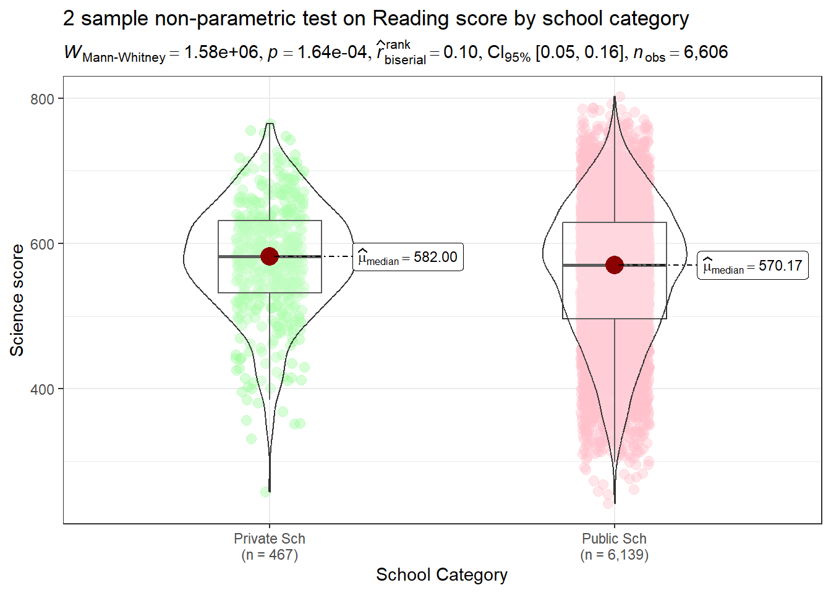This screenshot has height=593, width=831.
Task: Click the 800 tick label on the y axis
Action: pos(42,99)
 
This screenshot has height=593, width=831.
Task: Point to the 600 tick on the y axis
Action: pos(42,244)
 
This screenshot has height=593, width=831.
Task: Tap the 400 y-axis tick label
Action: pos(42,390)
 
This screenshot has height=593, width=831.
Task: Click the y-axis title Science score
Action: pos(17,300)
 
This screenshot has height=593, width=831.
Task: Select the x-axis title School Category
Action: pos(441,574)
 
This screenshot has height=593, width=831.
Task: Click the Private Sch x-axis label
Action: pos(270,539)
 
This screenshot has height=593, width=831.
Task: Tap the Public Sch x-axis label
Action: pos(614,539)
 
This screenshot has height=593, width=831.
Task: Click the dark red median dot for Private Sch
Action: pos(270,256)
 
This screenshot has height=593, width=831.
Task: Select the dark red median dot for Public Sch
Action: pos(615,265)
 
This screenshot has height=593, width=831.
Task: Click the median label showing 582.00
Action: pos(408,258)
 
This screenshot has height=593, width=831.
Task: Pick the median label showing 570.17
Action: pos(752,266)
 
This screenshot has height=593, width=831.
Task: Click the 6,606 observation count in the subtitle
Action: pos(705,53)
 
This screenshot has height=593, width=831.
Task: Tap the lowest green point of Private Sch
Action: pos(265,492)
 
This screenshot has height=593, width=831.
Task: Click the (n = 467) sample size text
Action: pos(270,555)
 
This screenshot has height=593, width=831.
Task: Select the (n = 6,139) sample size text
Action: pos(614,555)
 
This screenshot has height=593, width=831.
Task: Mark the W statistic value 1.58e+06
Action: pos(221,53)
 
